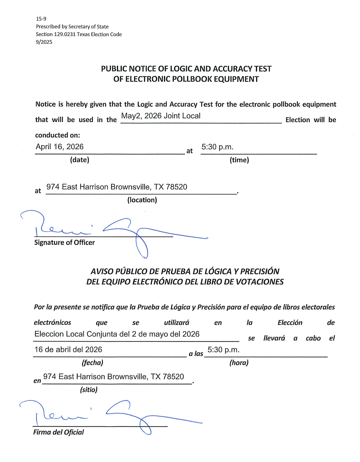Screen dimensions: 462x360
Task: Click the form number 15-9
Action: (x=41, y=19)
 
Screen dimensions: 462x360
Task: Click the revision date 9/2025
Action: (x=44, y=42)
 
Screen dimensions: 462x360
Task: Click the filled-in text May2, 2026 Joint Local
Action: (x=161, y=116)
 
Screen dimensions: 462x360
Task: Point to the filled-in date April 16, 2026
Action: (x=59, y=147)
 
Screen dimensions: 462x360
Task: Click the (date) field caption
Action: (x=79, y=160)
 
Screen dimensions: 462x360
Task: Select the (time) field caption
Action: (x=239, y=160)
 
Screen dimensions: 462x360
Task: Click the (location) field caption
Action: (x=142, y=200)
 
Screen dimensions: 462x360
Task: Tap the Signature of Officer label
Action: (x=64, y=242)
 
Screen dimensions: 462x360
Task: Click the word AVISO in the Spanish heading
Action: (x=102, y=272)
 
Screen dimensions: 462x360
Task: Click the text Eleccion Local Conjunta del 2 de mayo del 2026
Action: (x=117, y=334)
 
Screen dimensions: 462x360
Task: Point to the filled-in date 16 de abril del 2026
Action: (x=68, y=350)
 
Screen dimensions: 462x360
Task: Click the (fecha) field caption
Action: (x=92, y=362)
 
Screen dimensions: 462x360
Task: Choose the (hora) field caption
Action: (x=239, y=362)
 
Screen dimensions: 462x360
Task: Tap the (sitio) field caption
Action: (x=89, y=390)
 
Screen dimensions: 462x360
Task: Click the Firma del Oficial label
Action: (x=58, y=432)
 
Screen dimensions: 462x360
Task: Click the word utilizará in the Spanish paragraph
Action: (x=177, y=323)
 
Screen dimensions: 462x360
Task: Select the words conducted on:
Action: (x=58, y=135)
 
